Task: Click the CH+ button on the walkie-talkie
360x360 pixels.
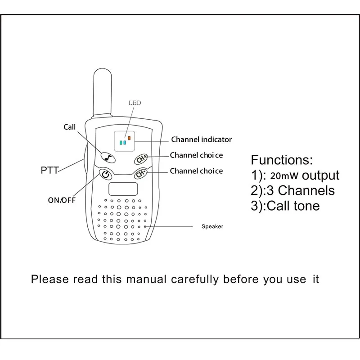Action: pos(141,159)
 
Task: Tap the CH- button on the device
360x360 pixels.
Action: pos(141,174)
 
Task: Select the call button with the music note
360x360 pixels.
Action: pos(108,157)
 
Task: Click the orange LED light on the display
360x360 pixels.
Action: pos(129,138)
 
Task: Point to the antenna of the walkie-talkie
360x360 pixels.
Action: pos(103,93)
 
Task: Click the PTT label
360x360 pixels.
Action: pos(50,170)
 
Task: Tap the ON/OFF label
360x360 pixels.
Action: pos(62,200)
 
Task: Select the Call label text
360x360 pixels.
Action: pos(69,127)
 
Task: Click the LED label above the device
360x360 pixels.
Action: pos(135,103)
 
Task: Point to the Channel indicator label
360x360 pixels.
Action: pos(201,139)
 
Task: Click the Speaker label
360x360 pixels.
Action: pos(212,226)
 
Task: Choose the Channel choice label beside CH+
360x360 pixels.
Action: pos(196,155)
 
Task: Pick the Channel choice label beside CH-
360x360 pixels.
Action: pos(196,171)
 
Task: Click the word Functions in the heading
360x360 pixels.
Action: pos(282,160)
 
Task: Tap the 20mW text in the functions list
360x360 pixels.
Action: pos(284,176)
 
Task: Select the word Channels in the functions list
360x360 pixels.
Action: pos(306,190)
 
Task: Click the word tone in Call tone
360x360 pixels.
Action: pos(306,206)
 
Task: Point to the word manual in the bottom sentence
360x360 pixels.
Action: pos(146,279)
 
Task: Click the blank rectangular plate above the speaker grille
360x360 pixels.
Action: pos(123,189)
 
